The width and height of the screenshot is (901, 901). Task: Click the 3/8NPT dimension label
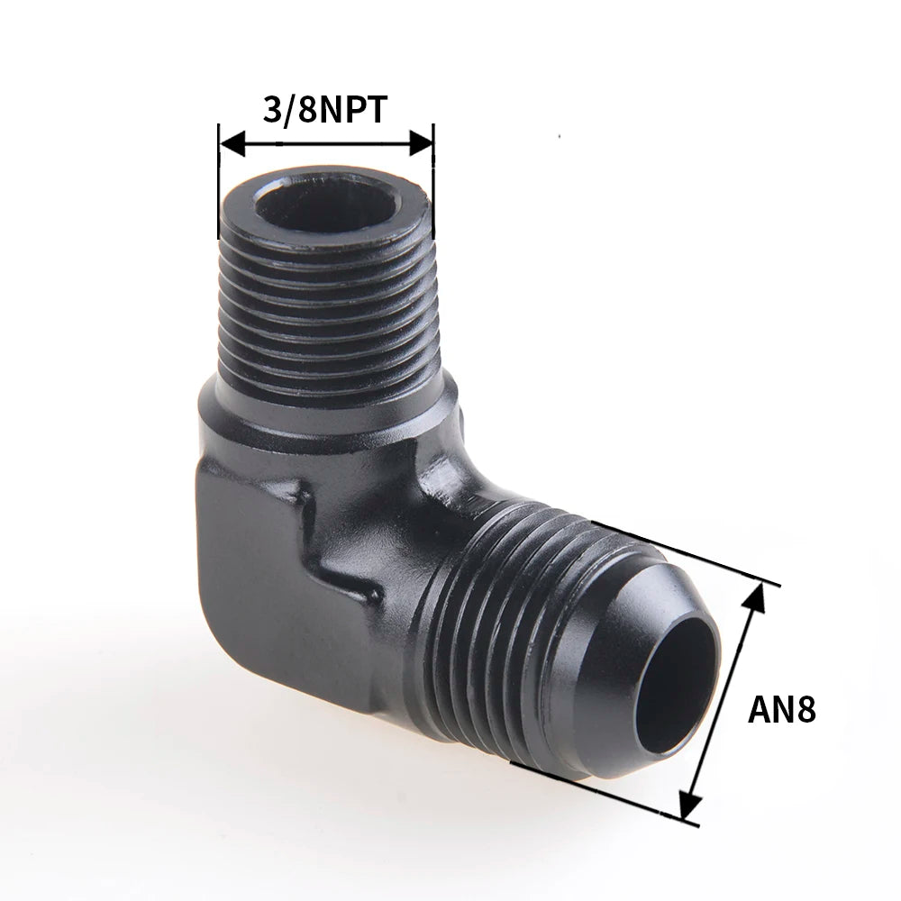(x=324, y=110)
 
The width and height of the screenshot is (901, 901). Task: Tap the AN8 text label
(x=781, y=709)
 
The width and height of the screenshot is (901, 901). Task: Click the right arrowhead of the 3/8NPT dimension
(x=422, y=143)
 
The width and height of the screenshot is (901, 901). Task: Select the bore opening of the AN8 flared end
(x=682, y=685)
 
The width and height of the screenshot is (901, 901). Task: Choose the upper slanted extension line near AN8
(x=685, y=553)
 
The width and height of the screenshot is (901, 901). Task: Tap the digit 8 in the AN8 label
(x=805, y=709)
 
